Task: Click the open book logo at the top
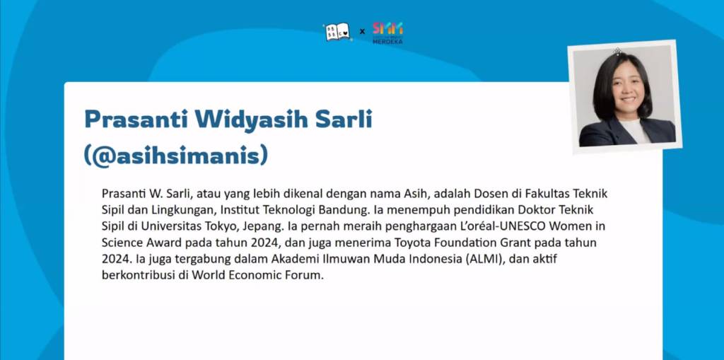pos(337,33)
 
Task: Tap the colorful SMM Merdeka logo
pos(388,33)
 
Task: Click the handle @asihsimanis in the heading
pos(176,156)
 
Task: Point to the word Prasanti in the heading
pos(136,120)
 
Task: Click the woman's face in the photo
pos(628,88)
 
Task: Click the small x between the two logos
pos(362,32)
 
